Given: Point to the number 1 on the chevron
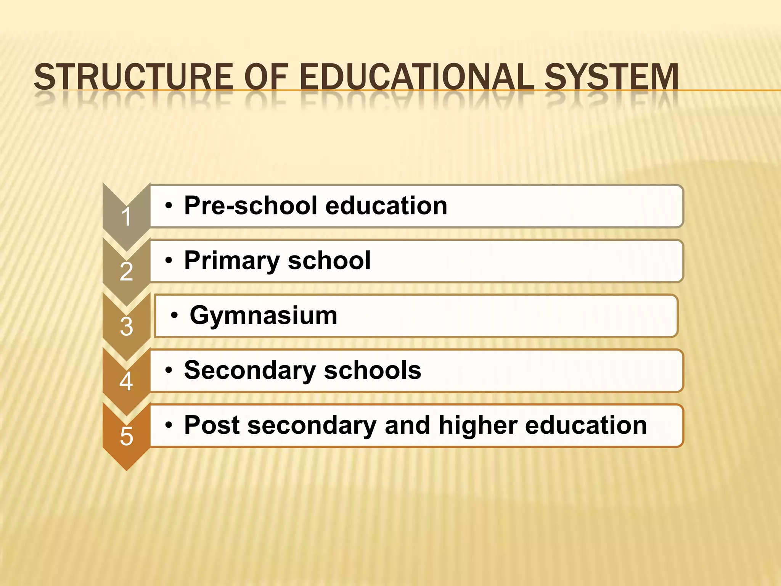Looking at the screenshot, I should click(126, 217).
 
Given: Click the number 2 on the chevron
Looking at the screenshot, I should click(126, 272).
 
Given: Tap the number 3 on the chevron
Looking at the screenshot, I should click(126, 327).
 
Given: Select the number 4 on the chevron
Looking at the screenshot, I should click(126, 382).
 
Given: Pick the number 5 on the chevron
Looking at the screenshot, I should click(126, 436).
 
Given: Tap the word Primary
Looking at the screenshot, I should click(232, 261).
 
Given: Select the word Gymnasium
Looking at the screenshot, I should click(264, 316).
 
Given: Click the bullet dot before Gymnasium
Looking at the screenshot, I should click(174, 316).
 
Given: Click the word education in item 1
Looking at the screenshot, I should click(386, 206).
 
